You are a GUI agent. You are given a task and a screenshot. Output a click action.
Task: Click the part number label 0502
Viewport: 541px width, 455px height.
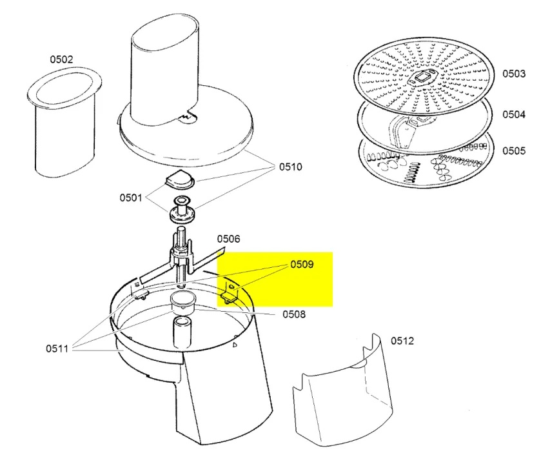tap(61, 59)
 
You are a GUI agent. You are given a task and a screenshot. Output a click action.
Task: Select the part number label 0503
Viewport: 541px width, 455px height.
tap(514, 74)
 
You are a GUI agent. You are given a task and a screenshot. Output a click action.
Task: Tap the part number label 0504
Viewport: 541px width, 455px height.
tap(514, 114)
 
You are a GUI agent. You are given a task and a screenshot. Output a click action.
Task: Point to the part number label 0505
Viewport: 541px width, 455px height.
tap(514, 151)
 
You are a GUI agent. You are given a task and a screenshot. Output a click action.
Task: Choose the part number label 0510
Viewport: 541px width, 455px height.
tap(291, 167)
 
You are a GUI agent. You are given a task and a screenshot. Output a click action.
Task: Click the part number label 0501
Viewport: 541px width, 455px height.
tap(131, 197)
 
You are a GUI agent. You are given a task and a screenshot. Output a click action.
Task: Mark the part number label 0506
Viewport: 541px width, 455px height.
tap(228, 239)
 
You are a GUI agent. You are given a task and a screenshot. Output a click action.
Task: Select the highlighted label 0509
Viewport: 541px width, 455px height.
tap(302, 265)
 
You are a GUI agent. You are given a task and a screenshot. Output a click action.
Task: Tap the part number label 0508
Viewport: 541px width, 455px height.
tap(294, 314)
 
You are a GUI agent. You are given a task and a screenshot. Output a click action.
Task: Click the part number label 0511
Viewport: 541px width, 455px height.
tap(57, 349)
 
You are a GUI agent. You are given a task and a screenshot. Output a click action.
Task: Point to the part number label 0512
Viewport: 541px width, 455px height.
tap(402, 341)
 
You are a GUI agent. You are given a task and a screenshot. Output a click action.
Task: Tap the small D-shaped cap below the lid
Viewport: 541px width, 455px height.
tap(180, 179)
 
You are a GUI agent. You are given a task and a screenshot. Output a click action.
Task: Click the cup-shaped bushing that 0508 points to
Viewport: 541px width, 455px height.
tap(183, 303)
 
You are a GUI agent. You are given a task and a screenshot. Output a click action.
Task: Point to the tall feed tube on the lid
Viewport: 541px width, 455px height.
tap(164, 70)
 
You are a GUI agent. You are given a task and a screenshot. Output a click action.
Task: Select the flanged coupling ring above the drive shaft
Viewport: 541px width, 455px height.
tap(182, 210)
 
